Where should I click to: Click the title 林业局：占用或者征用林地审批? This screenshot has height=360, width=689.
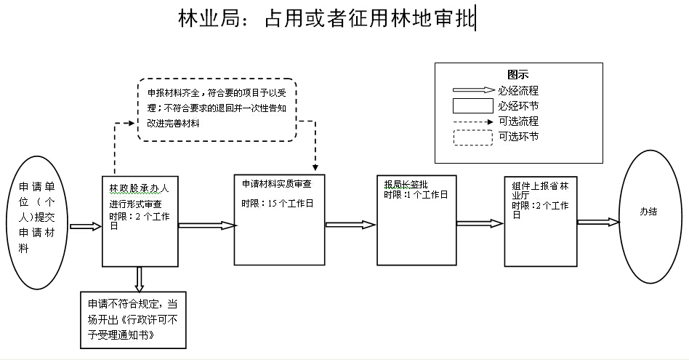click(x=326, y=20)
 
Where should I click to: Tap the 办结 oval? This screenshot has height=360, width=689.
click(x=649, y=213)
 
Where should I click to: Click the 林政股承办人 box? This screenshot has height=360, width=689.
click(x=140, y=221)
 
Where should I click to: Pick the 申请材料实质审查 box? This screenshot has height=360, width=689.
click(x=279, y=220)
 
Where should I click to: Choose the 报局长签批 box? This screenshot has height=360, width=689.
click(x=416, y=220)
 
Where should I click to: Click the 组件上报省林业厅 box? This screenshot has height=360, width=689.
click(x=539, y=220)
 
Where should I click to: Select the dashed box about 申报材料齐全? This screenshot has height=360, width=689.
click(x=217, y=109)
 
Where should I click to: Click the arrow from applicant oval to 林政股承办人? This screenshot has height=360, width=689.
click(x=85, y=226)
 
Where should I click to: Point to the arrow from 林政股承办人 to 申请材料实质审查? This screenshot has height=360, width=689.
click(x=206, y=226)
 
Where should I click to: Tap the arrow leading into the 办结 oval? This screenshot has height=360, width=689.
click(x=597, y=222)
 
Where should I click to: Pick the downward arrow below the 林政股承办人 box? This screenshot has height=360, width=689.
click(x=140, y=279)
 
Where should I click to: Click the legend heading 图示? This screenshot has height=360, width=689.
click(x=517, y=74)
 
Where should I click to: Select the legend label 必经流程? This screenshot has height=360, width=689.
click(x=518, y=91)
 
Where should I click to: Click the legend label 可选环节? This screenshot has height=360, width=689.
click(x=518, y=136)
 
